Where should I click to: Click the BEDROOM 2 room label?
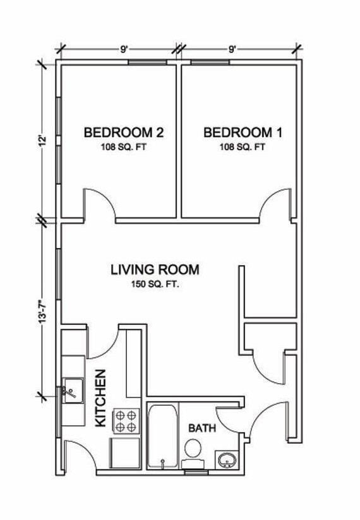pos(124,133)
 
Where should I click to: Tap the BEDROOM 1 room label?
pos(243,133)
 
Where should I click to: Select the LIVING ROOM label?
pos(155,270)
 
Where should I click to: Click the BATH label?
pos(202,428)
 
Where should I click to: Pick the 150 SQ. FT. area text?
pos(155,285)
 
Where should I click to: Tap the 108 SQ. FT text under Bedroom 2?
pos(124,147)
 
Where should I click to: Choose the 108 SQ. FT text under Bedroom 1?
pos(243,147)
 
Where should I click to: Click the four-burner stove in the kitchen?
pos(125,421)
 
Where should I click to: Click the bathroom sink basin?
pos(227,460)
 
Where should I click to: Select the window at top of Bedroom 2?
pos(147,61)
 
